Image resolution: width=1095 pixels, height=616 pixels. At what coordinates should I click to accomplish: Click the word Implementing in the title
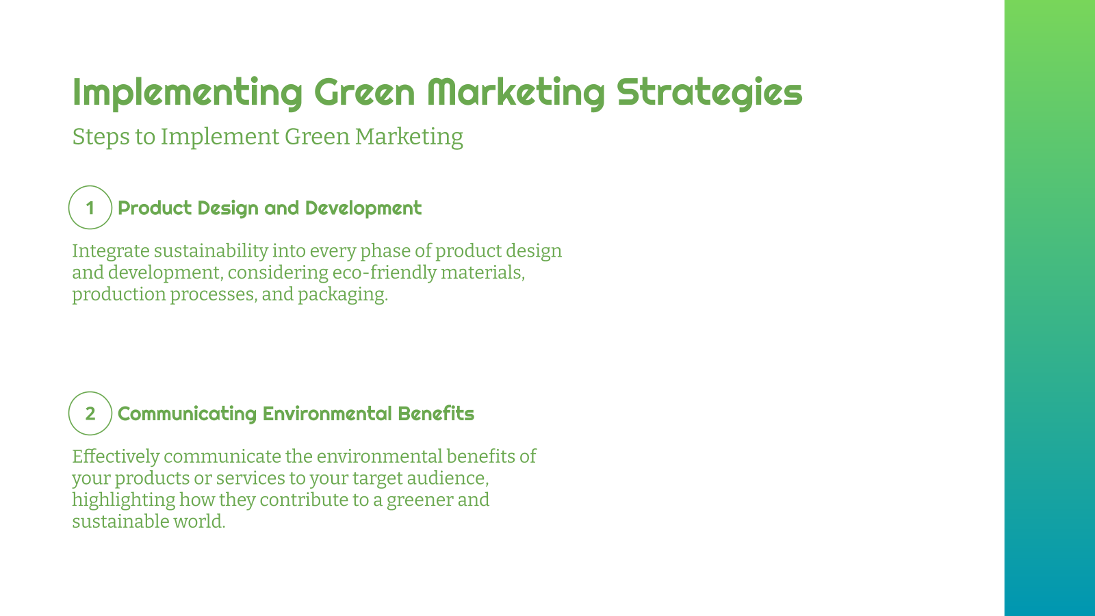pyautogui.click(x=187, y=92)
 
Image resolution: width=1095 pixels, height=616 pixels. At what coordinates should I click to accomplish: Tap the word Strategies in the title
pyautogui.click(x=709, y=92)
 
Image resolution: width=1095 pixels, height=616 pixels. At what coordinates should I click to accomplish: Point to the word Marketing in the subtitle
pyautogui.click(x=409, y=137)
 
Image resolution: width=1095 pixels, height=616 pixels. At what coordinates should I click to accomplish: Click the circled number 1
pyautogui.click(x=90, y=207)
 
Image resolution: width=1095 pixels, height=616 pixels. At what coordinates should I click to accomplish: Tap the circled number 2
pyautogui.click(x=90, y=413)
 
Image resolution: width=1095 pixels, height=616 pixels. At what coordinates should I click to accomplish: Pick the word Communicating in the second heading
pyautogui.click(x=187, y=413)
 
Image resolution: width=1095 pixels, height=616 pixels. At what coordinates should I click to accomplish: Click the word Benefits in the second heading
pyautogui.click(x=436, y=413)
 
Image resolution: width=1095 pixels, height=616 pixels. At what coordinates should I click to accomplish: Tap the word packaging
pyautogui.click(x=342, y=295)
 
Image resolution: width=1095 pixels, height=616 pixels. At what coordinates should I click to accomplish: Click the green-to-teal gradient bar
pyautogui.click(x=1049, y=308)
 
